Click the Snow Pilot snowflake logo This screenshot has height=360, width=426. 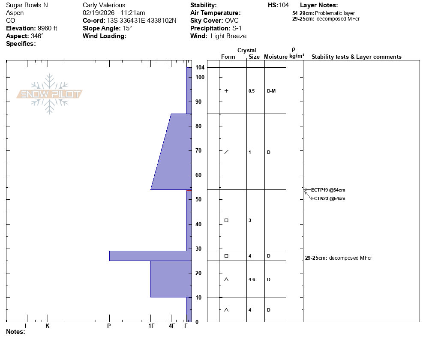(x=49, y=94)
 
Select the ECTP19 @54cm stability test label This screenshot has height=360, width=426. (x=328, y=190)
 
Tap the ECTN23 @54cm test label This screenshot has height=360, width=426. (x=328, y=198)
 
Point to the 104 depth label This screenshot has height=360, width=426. (x=200, y=67)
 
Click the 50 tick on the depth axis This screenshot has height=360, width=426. (x=198, y=199)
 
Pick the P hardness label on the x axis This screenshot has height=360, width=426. (x=109, y=326)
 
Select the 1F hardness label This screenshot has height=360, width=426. (x=151, y=326)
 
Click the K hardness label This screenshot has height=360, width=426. (x=48, y=326)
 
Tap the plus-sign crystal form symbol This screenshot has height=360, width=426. (x=226, y=91)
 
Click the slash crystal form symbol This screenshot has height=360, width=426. (x=226, y=152)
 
